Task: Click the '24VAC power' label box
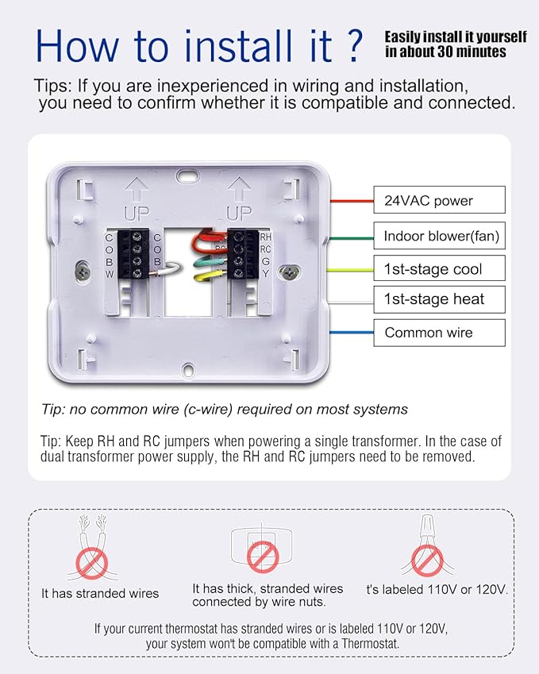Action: pos(439,201)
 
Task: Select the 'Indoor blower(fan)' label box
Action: pos(439,236)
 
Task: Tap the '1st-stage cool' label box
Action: pos(439,269)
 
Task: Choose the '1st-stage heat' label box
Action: pos(439,299)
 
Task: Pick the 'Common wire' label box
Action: pos(439,333)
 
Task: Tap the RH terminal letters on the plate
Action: pos(265,237)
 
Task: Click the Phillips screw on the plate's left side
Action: pos(83,271)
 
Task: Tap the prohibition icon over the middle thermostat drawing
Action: pos(262,557)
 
